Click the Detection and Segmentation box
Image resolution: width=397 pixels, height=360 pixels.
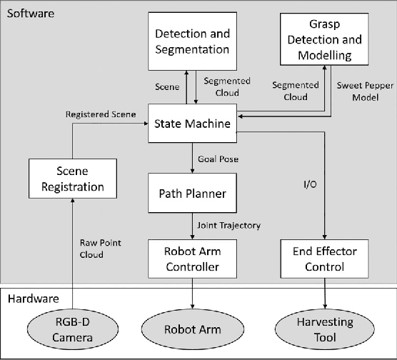(x=193, y=41)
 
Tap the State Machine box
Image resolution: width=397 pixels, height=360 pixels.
(x=193, y=124)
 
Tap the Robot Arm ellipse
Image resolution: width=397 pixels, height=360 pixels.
(x=193, y=329)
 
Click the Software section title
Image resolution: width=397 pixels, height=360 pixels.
(x=30, y=14)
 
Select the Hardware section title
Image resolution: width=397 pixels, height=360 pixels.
(x=33, y=299)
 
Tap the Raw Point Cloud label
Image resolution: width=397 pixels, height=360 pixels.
(x=99, y=247)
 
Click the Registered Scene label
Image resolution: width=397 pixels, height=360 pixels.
(x=101, y=113)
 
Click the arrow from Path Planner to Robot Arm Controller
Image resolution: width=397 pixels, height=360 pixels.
(x=193, y=226)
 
